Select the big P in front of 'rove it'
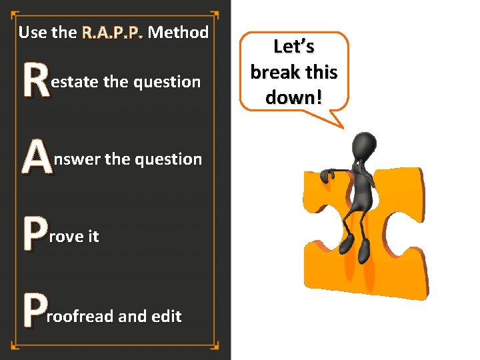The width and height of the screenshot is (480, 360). coord(35,235)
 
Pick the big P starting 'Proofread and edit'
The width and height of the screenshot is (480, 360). coord(35,314)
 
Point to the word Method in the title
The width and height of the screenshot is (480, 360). coord(178,32)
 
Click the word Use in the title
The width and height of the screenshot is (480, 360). coord(33,32)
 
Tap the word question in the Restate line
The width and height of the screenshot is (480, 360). coord(167,83)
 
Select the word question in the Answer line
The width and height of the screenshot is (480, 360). coord(168,159)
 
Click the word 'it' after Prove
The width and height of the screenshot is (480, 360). coord(93,237)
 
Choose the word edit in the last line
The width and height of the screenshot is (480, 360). coord(166,316)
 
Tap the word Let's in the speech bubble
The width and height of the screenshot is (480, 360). coord(293,47)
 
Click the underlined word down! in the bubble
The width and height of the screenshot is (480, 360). coord(293,97)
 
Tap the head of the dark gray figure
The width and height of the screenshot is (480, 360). coord(363,144)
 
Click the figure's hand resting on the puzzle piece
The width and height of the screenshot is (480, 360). coord(327,175)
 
